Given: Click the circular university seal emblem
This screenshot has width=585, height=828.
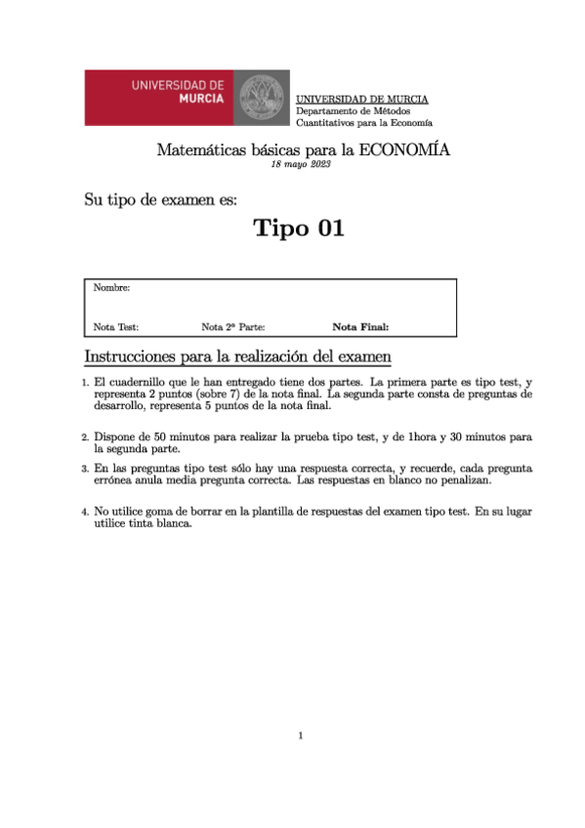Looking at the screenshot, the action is coord(260,98).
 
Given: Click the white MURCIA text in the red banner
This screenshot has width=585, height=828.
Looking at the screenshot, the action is coord(202,100).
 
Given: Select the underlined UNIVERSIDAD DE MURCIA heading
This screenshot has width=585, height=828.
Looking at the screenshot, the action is coord(361,100).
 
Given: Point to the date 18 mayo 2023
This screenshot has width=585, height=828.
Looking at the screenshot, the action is coord(302,165).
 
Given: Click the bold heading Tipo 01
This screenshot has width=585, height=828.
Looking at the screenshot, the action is coord(299,228).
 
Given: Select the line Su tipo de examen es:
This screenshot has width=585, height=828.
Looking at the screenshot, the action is coord(160,201).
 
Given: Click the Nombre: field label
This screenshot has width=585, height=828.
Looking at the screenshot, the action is coord(111,288).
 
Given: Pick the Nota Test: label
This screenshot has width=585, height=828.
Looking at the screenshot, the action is coord(116,328).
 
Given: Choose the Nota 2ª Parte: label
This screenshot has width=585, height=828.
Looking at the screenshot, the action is coord(233,328).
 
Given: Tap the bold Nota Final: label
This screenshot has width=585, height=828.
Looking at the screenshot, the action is coord(360,328).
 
